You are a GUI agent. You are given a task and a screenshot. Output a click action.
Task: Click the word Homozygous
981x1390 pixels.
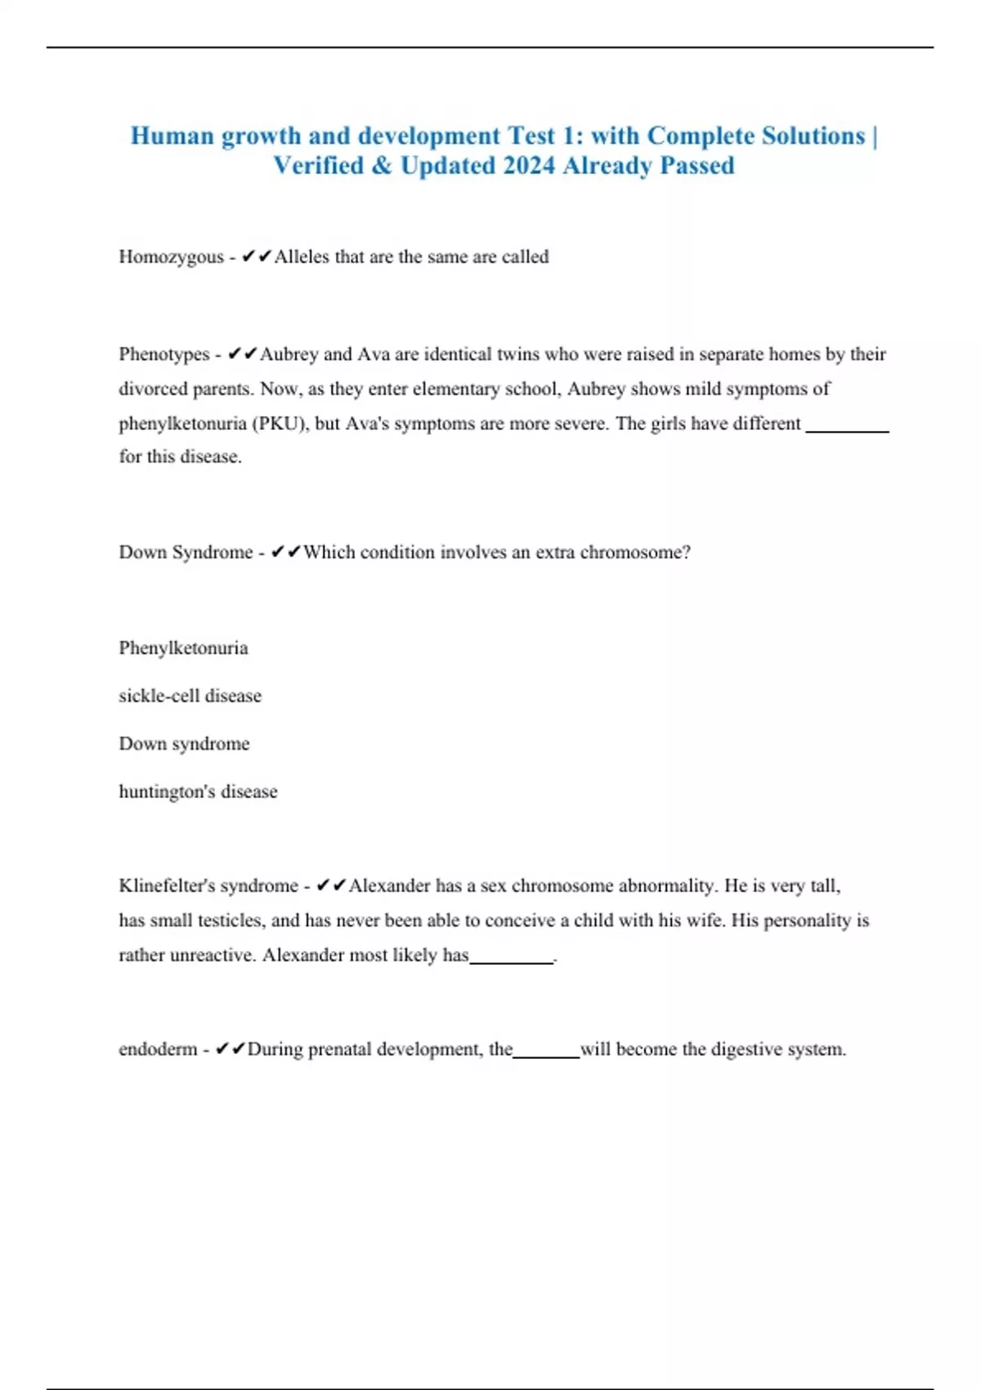171,258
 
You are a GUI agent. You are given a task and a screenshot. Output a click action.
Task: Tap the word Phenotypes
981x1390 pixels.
164,355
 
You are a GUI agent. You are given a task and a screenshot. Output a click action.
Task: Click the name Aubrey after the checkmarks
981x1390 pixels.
289,355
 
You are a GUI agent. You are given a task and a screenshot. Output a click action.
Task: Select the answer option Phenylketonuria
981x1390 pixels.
183,648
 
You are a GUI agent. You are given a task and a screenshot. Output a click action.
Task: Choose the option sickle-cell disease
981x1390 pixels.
190,696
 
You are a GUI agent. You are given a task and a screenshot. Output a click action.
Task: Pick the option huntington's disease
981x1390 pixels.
198,791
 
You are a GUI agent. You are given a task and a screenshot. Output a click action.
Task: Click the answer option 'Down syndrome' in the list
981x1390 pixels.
184,744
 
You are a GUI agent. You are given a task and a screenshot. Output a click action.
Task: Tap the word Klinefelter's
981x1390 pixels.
167,886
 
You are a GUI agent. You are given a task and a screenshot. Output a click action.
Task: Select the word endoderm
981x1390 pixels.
158,1050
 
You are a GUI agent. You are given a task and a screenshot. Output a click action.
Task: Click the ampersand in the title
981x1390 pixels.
381,166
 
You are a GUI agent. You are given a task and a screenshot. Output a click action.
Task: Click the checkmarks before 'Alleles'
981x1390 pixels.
257,258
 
